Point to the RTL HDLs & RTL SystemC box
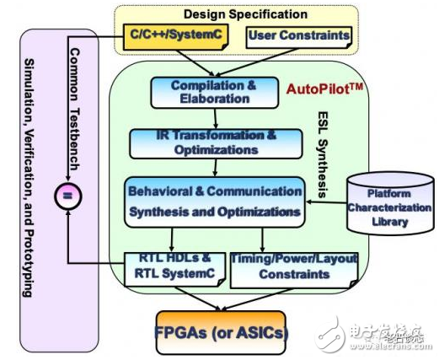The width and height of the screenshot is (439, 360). pos(172,266)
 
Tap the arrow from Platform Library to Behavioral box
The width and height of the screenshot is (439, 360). pos(330,201)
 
